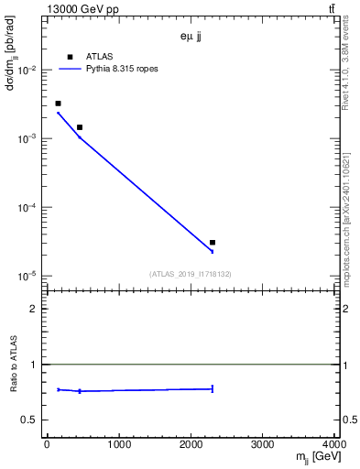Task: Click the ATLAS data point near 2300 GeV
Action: pos(213,243)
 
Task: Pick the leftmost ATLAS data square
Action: pos(58,104)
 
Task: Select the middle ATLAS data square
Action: pos(80,127)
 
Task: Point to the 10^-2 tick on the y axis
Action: pos(28,71)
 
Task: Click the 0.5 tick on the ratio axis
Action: pos(32,420)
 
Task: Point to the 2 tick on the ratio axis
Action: pos(36,309)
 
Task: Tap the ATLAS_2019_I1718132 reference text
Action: pos(191,274)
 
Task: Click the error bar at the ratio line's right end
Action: pos(213,388)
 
